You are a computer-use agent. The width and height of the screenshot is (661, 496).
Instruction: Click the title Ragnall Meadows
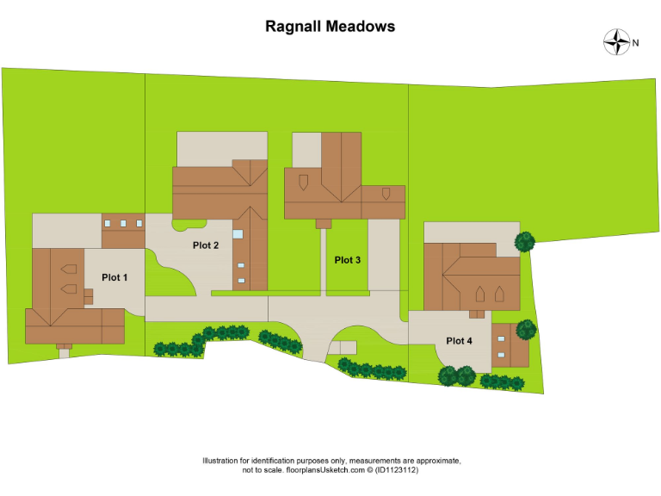[330, 26]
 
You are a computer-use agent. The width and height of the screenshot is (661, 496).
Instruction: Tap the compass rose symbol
[616, 42]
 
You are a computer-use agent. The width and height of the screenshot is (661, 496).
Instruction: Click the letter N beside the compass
[636, 42]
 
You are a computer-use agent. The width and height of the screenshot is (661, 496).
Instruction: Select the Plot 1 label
[114, 277]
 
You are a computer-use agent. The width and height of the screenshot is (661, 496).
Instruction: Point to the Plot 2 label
[206, 245]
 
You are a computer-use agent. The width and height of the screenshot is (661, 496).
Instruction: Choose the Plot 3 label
[348, 260]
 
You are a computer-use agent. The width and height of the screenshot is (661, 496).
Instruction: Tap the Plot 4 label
[459, 341]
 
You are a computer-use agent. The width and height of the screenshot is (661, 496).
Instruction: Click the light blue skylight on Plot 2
[238, 233]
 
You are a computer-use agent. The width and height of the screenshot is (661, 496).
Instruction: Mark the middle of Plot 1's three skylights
[123, 224]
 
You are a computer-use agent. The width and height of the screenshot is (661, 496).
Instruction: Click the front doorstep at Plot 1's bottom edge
[64, 352]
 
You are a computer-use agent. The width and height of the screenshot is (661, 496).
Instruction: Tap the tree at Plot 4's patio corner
[524, 242]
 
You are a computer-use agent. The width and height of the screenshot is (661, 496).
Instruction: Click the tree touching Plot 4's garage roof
[526, 329]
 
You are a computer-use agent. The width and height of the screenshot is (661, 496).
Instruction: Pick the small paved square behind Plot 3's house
[306, 149]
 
